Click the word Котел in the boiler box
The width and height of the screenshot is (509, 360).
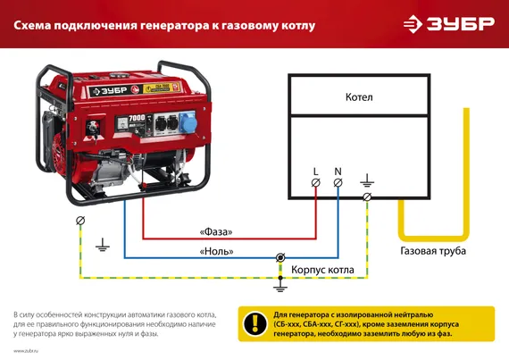359,96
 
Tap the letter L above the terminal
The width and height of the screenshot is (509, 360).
316,170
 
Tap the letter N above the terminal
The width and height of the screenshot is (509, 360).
338,170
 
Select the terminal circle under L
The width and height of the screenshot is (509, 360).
316,183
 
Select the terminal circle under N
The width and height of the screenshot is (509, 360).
338,183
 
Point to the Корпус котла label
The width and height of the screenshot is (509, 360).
323,269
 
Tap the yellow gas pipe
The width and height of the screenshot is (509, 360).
464,179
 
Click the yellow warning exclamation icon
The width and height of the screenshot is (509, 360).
256,322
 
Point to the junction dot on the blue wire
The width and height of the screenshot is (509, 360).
281,257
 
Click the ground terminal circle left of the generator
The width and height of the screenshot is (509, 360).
81,220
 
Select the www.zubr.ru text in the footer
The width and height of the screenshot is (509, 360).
25,350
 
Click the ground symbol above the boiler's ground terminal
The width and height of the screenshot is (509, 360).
369,180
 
